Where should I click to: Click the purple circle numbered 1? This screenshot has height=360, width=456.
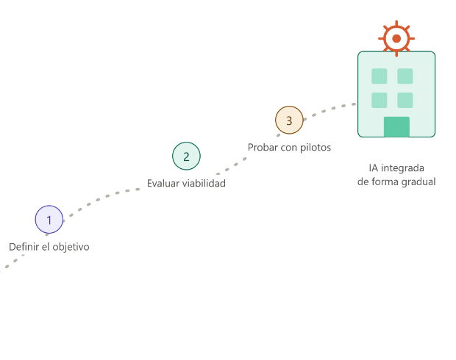(49, 220)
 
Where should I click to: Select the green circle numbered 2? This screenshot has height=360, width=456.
(186, 156)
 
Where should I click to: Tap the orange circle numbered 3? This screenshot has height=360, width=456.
(289, 120)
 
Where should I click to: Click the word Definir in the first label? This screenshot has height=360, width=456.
(24, 247)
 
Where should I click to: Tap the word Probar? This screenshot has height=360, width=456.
(263, 148)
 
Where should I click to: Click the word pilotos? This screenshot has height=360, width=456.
(316, 148)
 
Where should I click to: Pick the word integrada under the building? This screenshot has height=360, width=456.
(403, 168)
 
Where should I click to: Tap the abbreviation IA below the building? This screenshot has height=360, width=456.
(374, 168)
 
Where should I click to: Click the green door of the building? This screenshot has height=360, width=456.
(396, 126)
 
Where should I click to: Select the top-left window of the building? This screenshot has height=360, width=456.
(380, 76)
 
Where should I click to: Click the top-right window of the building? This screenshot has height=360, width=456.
(405, 76)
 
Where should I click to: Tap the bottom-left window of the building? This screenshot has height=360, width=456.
(380, 100)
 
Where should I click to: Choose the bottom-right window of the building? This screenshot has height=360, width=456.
(405, 100)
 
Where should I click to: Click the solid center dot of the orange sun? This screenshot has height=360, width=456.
(396, 38)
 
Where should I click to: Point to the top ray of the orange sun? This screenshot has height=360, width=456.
(396, 24)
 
